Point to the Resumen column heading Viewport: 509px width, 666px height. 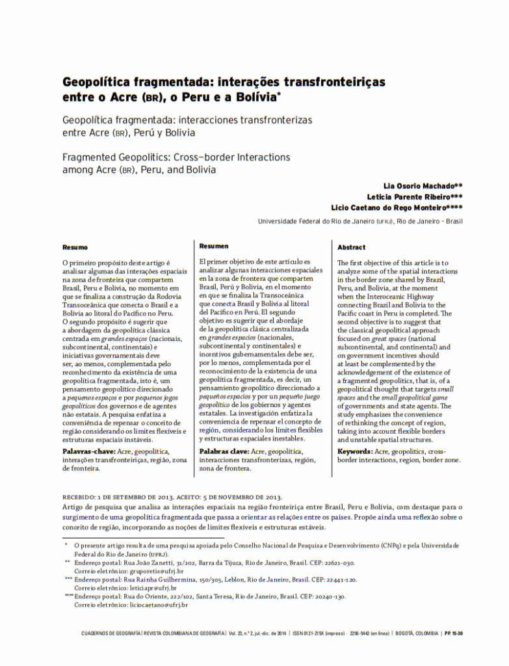(214, 246)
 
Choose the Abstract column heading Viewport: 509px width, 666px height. (352, 247)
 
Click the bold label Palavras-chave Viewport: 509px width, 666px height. (90, 451)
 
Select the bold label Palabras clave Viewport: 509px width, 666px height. (224, 451)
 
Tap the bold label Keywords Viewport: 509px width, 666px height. (355, 451)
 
